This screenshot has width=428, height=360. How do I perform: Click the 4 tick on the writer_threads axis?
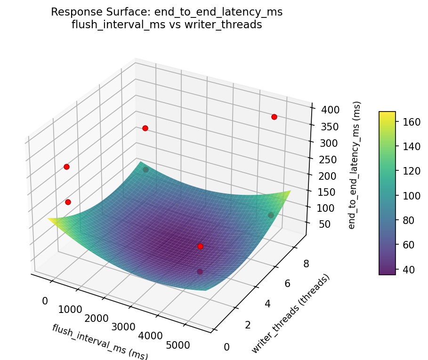click(x=267, y=304)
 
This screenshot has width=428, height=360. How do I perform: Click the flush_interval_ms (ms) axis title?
click(x=100, y=342)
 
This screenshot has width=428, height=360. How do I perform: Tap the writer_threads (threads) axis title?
click(x=291, y=313)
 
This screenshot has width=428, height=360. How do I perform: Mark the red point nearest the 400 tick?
click(x=274, y=117)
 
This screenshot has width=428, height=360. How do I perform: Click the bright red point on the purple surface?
click(x=200, y=246)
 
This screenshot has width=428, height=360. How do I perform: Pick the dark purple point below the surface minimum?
click(x=200, y=272)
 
